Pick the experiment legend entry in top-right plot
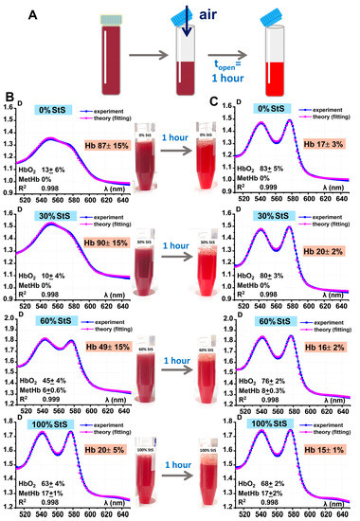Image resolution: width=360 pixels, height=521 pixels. (326, 111)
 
